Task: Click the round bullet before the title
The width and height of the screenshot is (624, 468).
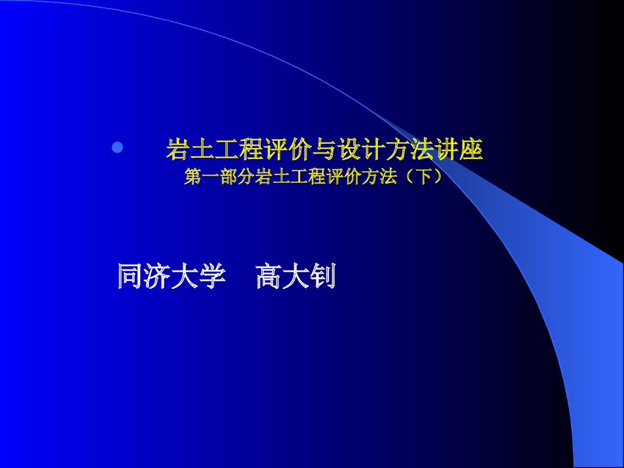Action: [x=118, y=147]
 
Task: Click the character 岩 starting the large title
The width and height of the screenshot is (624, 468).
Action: [x=177, y=150]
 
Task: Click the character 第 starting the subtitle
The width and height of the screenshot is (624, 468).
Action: [x=193, y=177]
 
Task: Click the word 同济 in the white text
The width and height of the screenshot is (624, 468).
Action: [x=140, y=277]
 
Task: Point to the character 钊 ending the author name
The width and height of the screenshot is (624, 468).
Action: [x=323, y=277]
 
